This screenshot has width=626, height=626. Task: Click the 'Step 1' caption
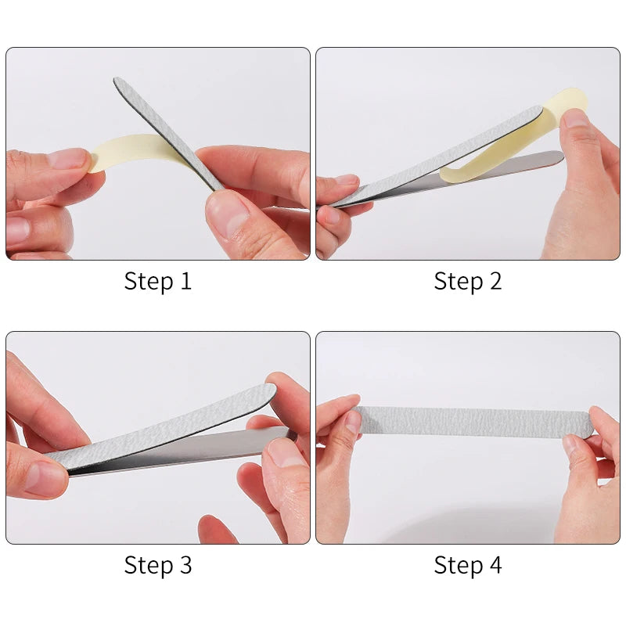click(158, 282)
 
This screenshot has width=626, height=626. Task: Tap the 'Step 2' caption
click(467, 282)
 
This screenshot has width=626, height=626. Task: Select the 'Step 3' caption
click(158, 565)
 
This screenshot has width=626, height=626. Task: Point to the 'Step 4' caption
click(467, 565)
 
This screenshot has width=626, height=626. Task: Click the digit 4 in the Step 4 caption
click(495, 564)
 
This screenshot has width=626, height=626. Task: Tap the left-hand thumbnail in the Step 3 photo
click(43, 479)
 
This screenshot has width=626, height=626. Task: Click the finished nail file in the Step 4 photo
click(473, 421)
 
